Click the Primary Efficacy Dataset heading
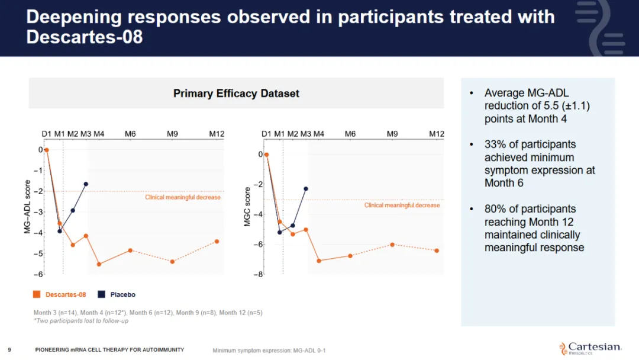click(x=236, y=94)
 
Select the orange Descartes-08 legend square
click(x=37, y=294)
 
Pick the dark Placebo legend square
click(x=102, y=294)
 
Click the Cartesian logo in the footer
click(x=590, y=348)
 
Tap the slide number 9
click(x=9, y=349)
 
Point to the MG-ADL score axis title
click(x=27, y=207)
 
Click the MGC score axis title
click(x=247, y=207)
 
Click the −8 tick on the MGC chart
click(x=259, y=274)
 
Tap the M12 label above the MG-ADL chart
click(x=217, y=134)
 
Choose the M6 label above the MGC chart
click(x=350, y=134)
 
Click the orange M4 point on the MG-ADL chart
click(x=99, y=264)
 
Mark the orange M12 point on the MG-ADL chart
click(x=217, y=241)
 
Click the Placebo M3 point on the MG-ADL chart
click(x=86, y=184)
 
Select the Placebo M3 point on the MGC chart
click(x=306, y=189)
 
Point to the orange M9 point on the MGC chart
click(x=392, y=245)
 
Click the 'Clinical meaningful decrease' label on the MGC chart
click(x=402, y=205)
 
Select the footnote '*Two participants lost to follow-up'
click(x=80, y=321)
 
